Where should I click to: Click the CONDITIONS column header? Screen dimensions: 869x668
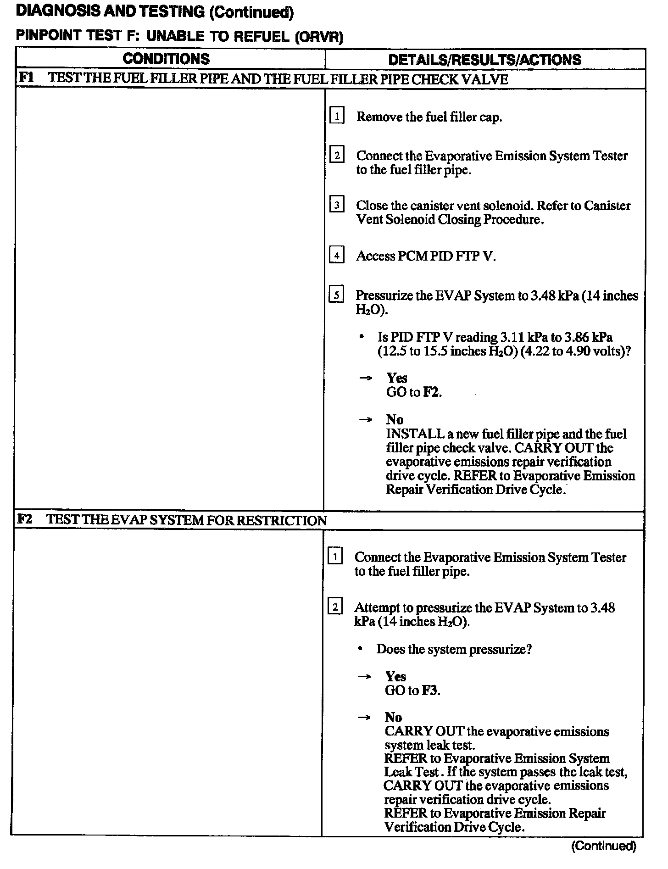[x=166, y=59]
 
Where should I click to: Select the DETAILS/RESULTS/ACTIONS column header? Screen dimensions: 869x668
[x=484, y=60]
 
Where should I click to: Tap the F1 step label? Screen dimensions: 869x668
[x=25, y=78]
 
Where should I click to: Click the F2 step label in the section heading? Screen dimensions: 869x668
[x=24, y=519]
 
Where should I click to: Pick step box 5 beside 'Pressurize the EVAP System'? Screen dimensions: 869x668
[x=336, y=295]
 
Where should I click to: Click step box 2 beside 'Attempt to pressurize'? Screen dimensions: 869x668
[x=335, y=607]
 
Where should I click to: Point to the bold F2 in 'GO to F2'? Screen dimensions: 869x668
[x=431, y=392]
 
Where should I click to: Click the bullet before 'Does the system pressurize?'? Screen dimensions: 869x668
[x=361, y=649]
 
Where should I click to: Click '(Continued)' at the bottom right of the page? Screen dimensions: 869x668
[x=604, y=845]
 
